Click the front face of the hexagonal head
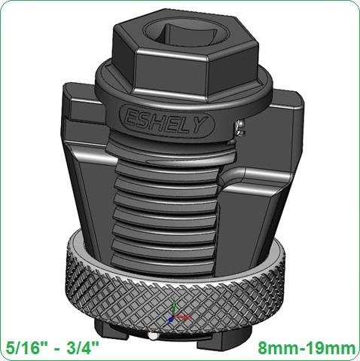(x=171, y=73)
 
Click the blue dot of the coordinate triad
(x=170, y=320)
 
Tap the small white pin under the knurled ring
(x=153, y=335)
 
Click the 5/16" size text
(x=23, y=348)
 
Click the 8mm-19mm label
(x=307, y=348)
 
